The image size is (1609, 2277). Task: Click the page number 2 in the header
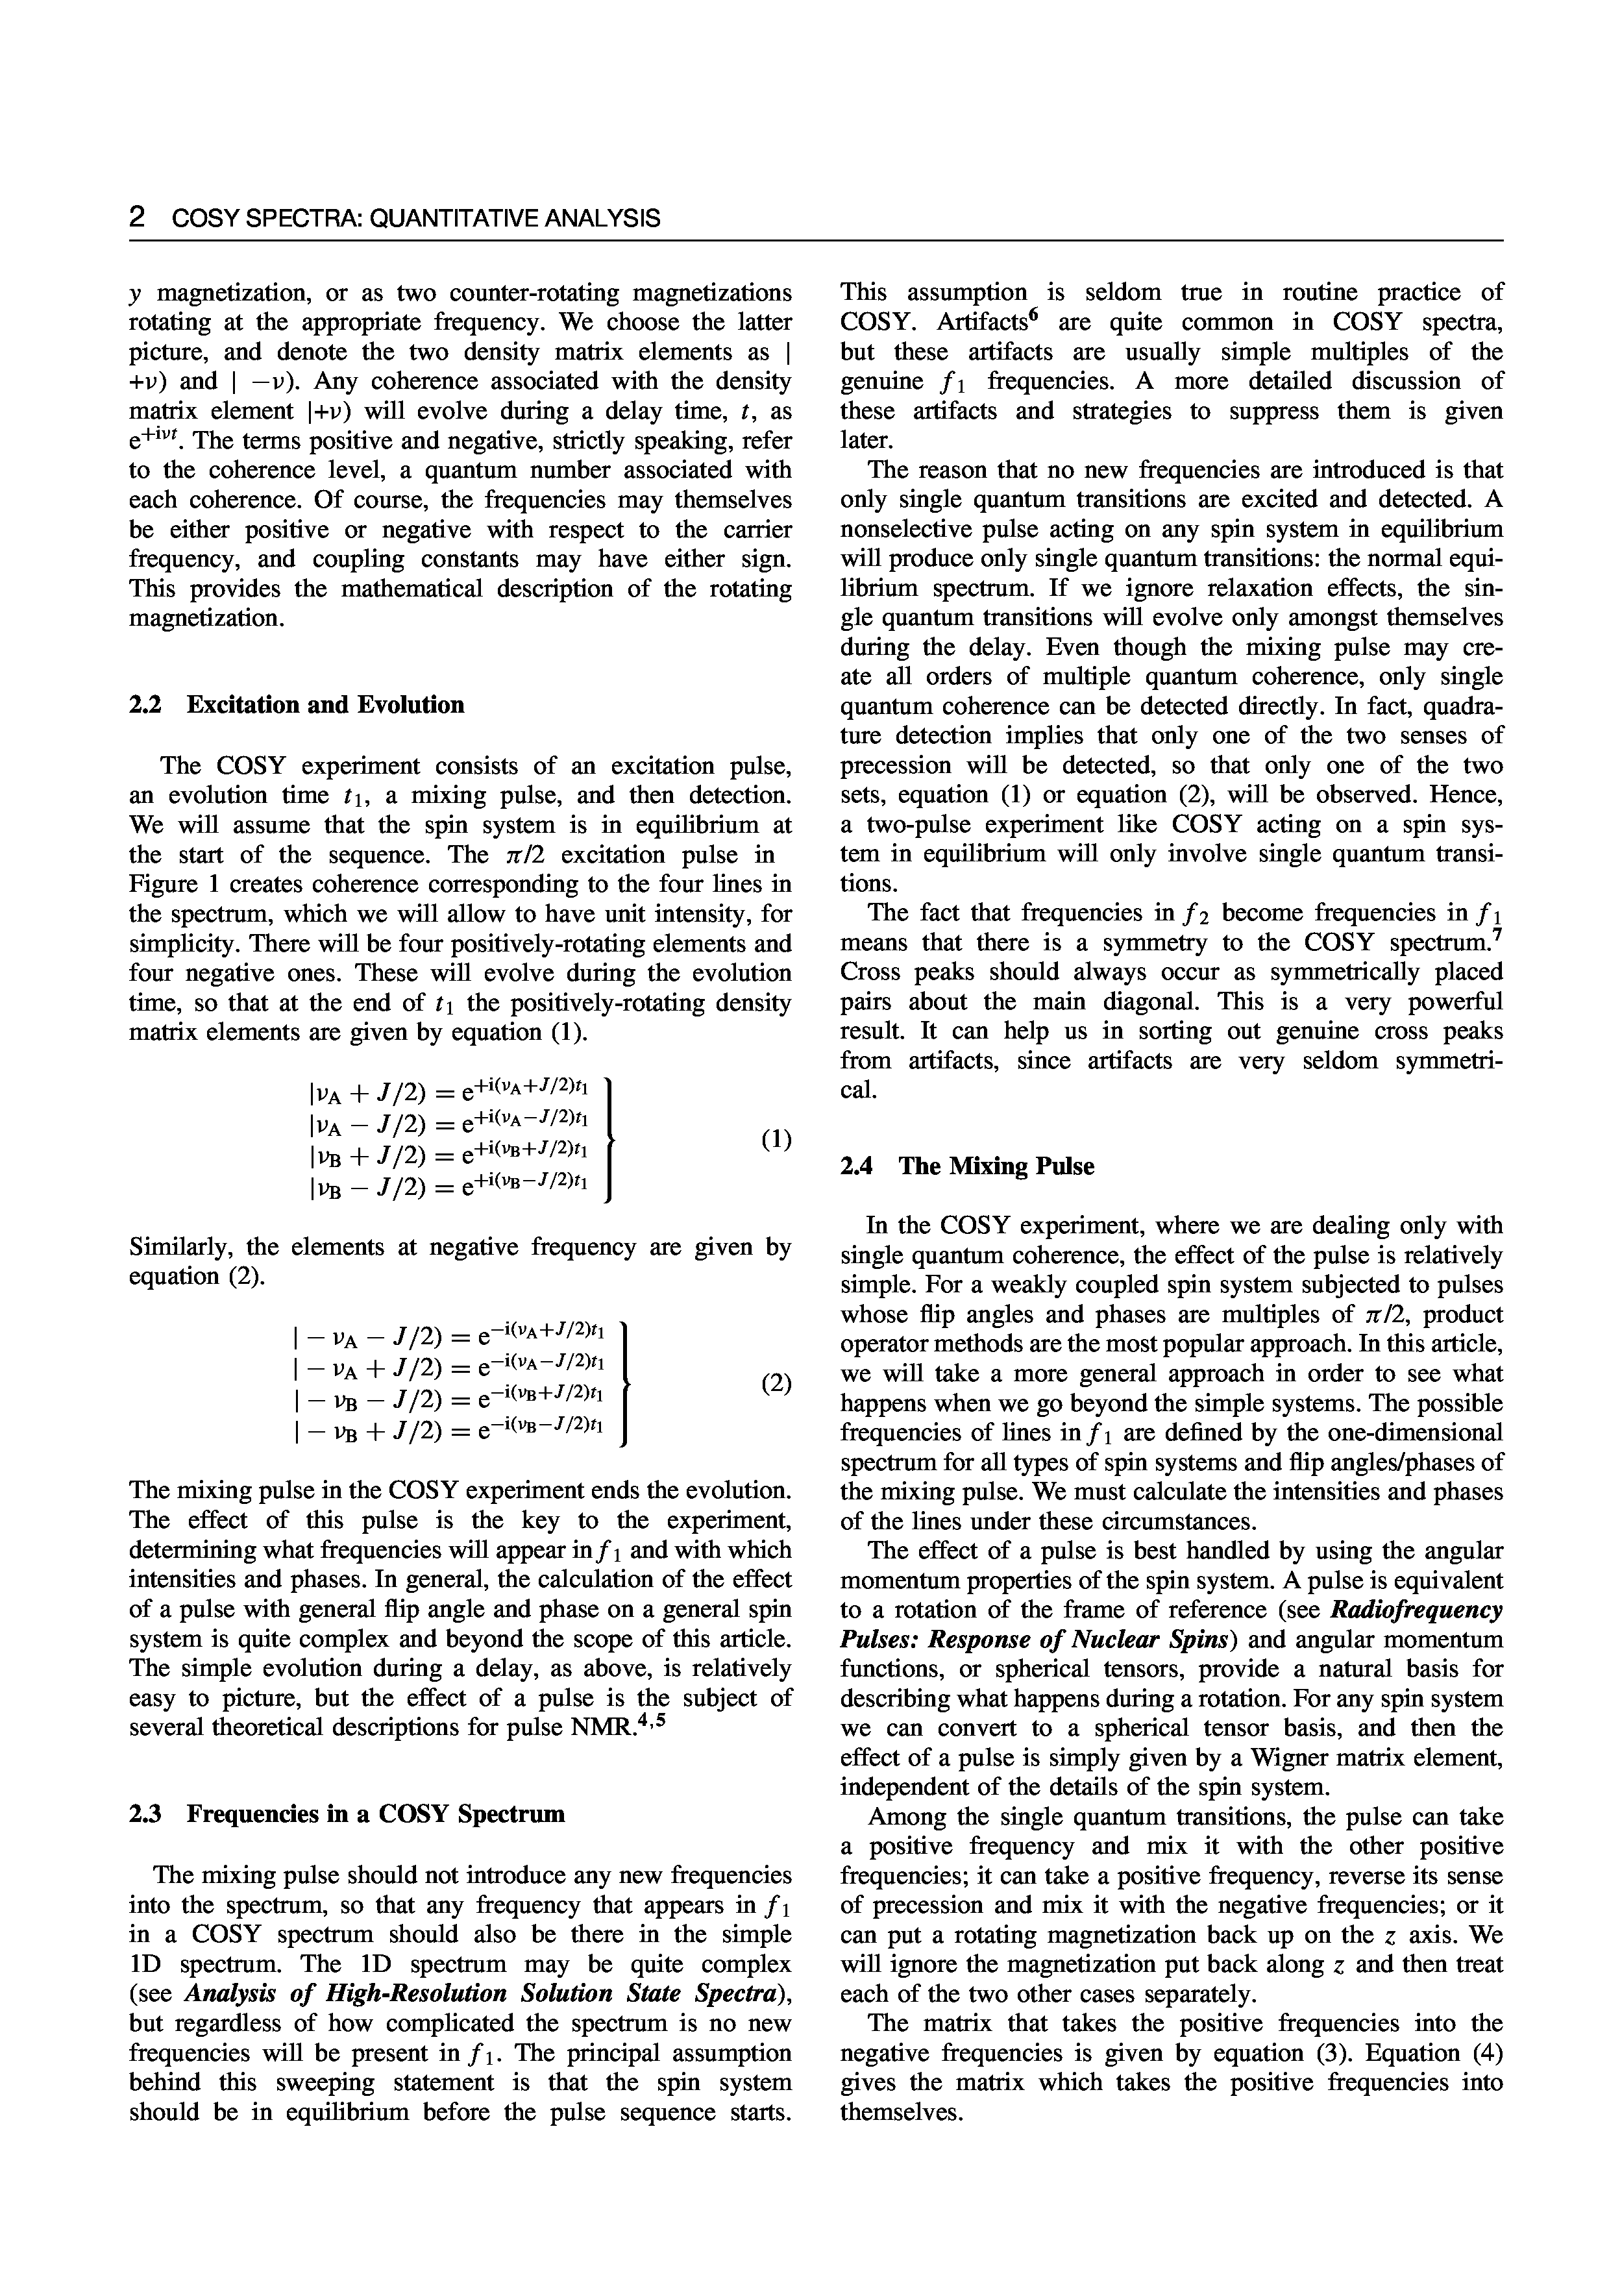[138, 218]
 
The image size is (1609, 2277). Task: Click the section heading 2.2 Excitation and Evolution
[297, 705]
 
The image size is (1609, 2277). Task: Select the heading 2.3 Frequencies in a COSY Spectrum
[347, 1814]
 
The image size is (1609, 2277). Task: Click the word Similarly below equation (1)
[175, 1247]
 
